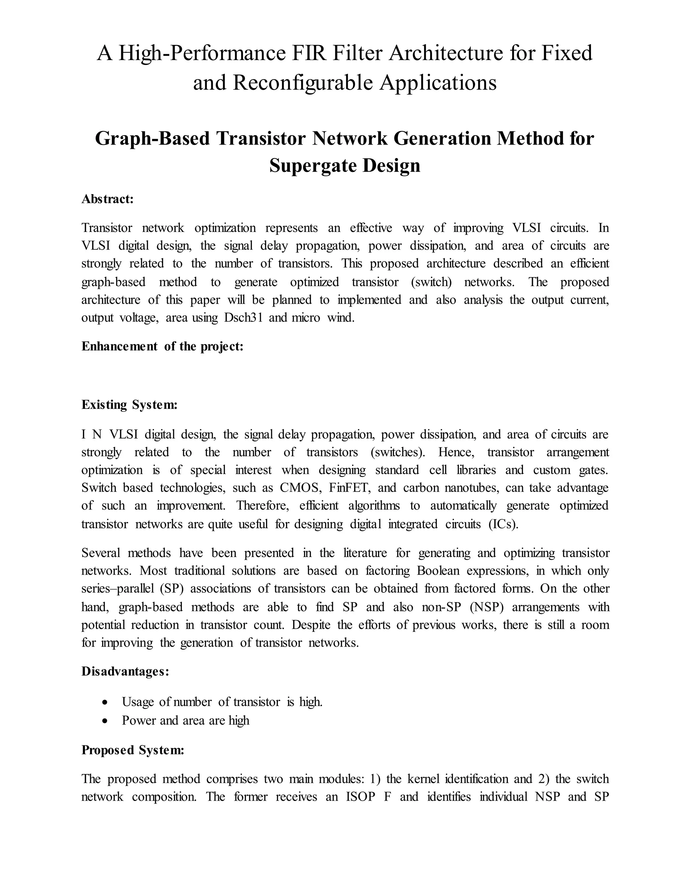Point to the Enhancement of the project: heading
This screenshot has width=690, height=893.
pos(162,346)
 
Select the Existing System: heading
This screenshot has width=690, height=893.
pos(129,405)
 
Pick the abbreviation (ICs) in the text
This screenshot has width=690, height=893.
pos(503,524)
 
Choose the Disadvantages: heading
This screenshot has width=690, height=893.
pos(125,671)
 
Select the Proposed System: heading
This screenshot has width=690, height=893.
pos(133,750)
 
